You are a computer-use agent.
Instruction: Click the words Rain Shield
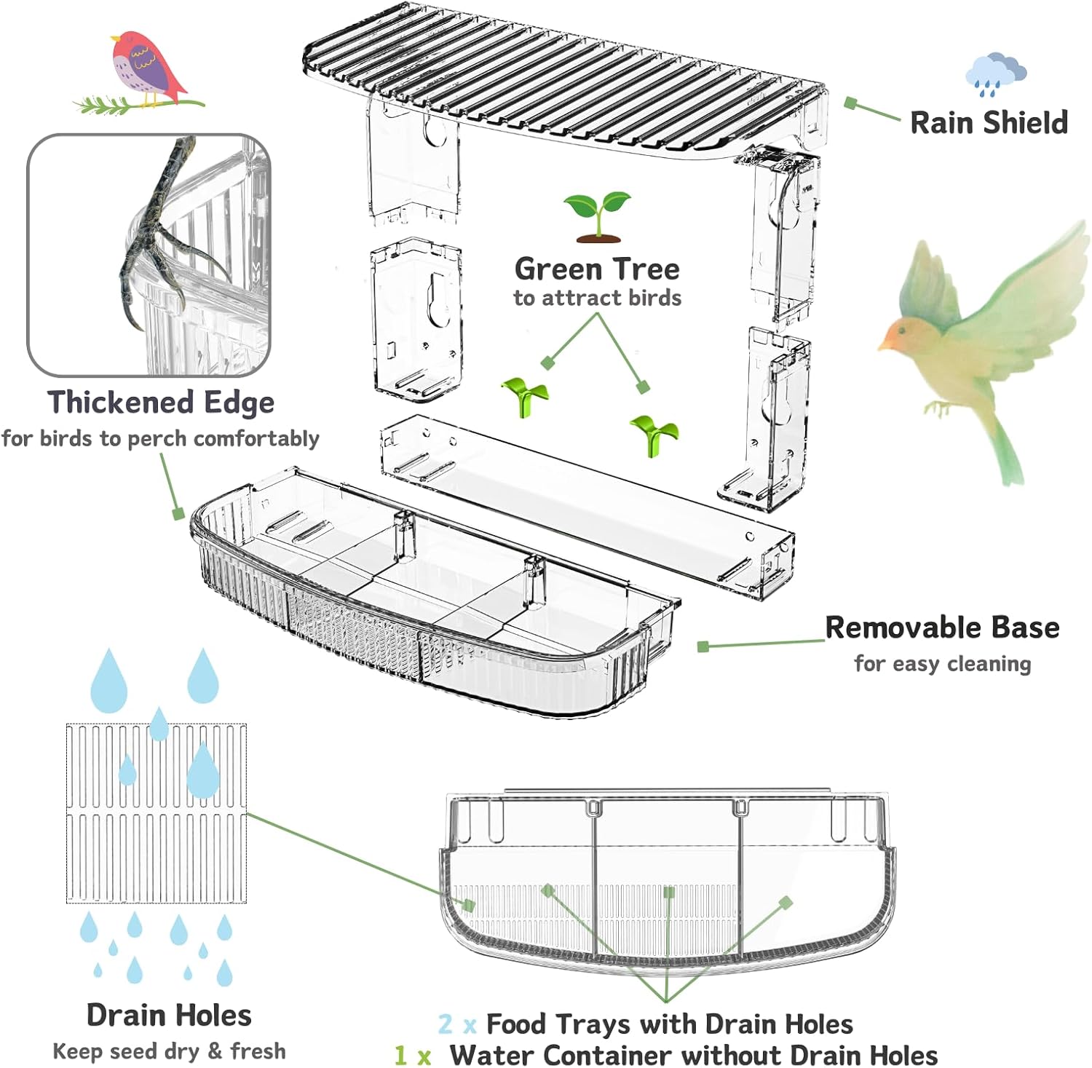989,123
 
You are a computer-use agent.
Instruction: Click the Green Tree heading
597,269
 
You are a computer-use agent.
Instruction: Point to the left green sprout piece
525,395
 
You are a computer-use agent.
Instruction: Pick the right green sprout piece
654,433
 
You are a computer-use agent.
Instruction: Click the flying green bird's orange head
900,334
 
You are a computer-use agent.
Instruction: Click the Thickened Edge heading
161,403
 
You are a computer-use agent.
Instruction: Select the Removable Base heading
942,628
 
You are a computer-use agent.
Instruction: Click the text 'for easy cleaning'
942,664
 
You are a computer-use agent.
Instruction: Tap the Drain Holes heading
169,1015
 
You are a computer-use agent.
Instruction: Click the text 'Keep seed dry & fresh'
169,1051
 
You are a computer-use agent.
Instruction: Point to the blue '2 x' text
457,1024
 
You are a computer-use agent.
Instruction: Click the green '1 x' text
413,1055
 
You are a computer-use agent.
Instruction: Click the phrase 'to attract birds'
597,298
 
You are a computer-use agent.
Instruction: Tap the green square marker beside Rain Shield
850,103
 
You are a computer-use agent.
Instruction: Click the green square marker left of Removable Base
703,646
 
